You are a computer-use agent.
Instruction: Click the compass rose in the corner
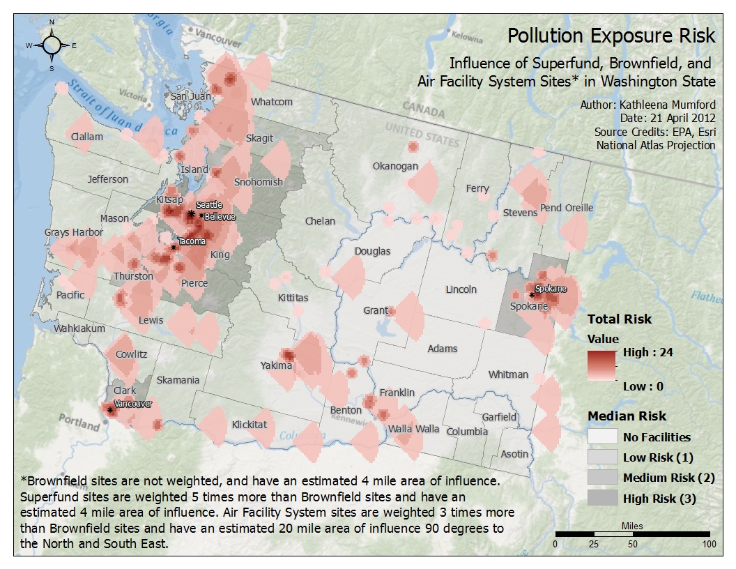[52, 45]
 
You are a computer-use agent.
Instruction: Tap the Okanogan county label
[395, 166]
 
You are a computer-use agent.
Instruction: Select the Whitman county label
[508, 374]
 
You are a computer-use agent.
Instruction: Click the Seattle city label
[209, 205]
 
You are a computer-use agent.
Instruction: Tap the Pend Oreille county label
[567, 208]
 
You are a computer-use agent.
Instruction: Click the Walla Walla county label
[414, 429]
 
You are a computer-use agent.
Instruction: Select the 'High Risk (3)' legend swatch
[603, 499]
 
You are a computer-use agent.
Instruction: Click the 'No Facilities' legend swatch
[603, 437]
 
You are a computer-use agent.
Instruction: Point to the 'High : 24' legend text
[647, 352]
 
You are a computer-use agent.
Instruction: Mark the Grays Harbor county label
[73, 232]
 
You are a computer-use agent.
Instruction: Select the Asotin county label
[514, 454]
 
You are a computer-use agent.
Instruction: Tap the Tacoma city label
[192, 241]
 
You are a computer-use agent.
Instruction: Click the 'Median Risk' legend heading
[627, 416]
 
